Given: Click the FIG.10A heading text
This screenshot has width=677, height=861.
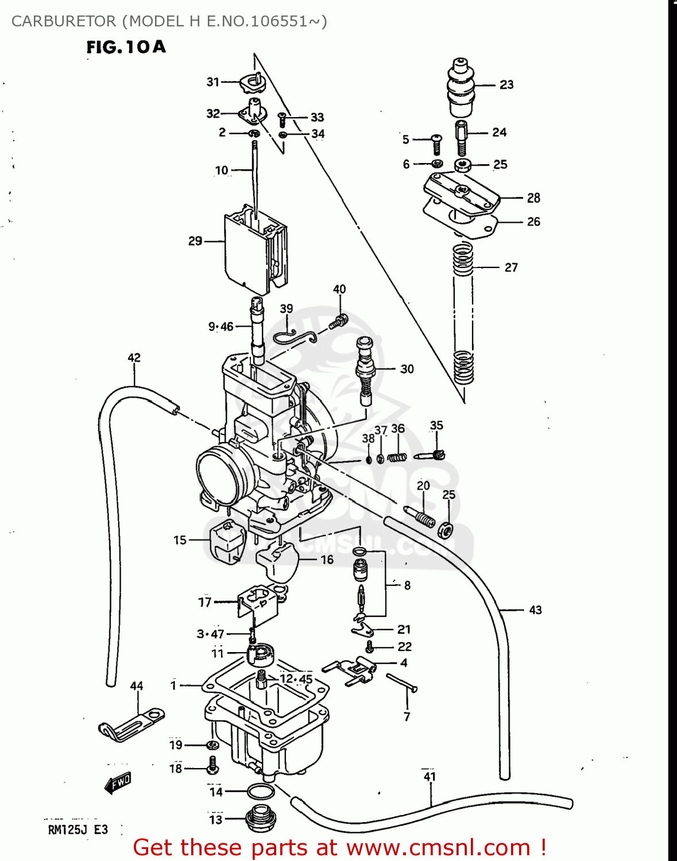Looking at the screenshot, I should (126, 47).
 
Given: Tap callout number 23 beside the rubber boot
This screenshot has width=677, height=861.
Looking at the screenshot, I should (506, 85).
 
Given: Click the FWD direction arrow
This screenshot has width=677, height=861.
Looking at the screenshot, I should (118, 782).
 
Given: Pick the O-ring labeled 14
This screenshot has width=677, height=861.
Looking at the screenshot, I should (260, 792).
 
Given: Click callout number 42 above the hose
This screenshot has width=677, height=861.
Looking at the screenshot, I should (134, 358).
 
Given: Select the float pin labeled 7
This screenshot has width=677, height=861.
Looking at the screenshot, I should (402, 683).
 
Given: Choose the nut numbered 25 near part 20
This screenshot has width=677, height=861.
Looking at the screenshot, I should (446, 530).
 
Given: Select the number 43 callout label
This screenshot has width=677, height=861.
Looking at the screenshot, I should (535, 610).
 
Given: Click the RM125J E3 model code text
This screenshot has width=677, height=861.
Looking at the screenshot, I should (78, 829).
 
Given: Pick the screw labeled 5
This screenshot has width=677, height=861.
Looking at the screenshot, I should (436, 143).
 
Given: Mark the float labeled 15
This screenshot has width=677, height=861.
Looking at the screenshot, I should (227, 541).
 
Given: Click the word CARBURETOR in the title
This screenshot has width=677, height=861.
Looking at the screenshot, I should (64, 21).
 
